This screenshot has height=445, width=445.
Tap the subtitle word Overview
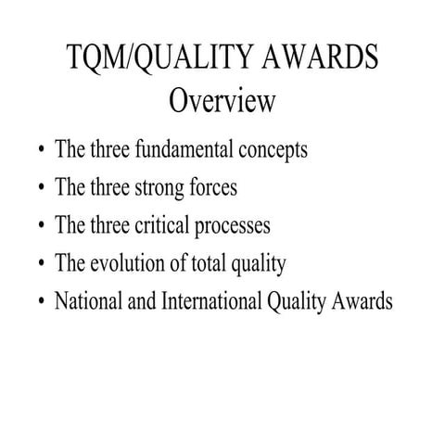(222, 100)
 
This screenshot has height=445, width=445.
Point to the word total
(202, 263)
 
